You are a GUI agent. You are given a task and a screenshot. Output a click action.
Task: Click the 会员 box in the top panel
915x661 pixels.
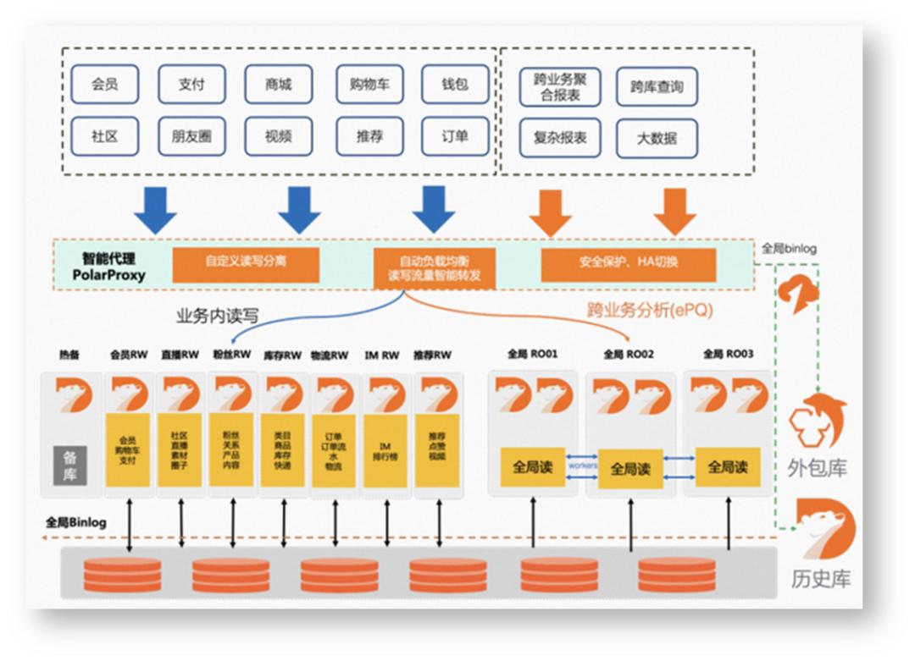tap(104, 85)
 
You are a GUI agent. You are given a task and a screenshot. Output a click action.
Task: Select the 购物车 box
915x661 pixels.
tap(369, 85)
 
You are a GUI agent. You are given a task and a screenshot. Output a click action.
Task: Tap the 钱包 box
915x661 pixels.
tap(455, 85)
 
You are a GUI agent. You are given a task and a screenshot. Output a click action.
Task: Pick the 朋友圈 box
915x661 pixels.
tap(191, 135)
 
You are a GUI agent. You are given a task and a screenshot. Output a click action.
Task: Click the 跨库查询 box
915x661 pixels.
tap(657, 87)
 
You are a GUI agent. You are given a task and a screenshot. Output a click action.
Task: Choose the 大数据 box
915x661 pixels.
tap(657, 138)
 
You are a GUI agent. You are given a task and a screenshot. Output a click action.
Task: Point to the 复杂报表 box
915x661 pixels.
tap(560, 138)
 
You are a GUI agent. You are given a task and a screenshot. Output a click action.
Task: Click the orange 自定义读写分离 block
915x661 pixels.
tap(246, 263)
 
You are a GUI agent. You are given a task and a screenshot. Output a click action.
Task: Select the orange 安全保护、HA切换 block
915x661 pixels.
tap(628, 263)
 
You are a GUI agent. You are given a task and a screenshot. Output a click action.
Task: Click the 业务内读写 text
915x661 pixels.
tap(217, 317)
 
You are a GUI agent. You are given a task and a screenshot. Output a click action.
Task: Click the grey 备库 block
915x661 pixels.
tap(70, 465)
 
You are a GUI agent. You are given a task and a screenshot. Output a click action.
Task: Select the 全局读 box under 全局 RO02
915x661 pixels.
tap(629, 468)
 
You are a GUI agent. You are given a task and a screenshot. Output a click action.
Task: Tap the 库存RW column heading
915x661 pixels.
tap(283, 355)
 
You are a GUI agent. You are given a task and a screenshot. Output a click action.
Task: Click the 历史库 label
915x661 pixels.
tap(821, 579)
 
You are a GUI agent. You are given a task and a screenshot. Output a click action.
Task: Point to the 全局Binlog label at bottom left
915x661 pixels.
tap(76, 522)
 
